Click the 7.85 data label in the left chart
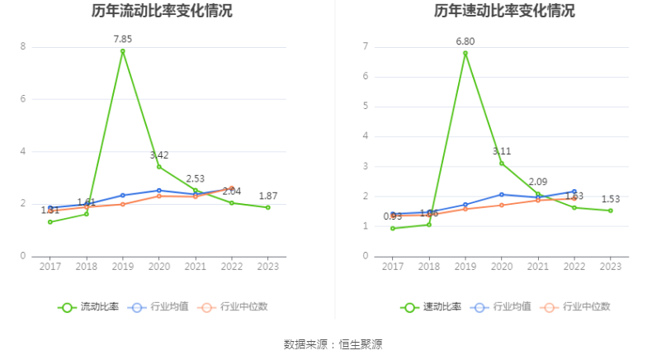[x=123, y=39]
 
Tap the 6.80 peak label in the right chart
[x=465, y=41]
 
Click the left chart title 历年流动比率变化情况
[x=162, y=11]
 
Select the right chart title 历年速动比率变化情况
[x=504, y=11]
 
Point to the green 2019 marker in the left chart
[x=123, y=51]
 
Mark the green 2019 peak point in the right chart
[x=465, y=54]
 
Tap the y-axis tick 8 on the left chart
[x=23, y=47]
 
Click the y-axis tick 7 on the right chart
[x=365, y=47]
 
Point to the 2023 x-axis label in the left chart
[x=267, y=266]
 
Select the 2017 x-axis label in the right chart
[x=393, y=266]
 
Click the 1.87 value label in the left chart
[x=268, y=196]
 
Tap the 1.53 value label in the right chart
[x=611, y=199]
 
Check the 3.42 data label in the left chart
[x=159, y=155]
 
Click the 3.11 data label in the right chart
[x=502, y=151]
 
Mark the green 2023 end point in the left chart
[x=268, y=207]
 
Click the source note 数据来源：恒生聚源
[x=333, y=343]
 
